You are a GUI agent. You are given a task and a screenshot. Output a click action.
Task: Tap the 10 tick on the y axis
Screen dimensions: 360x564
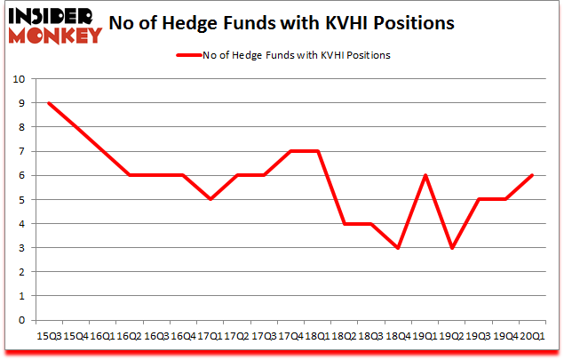pyautogui.click(x=18, y=79)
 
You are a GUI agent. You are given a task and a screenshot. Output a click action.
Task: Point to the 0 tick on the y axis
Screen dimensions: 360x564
pyautogui.click(x=20, y=320)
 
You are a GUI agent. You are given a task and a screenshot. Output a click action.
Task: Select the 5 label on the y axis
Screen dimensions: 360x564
pyautogui.click(x=20, y=200)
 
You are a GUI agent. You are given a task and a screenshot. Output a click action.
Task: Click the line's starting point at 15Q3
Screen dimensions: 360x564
pyautogui.click(x=49, y=103)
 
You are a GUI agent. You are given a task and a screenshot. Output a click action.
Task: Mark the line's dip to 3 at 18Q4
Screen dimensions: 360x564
pyautogui.click(x=399, y=248)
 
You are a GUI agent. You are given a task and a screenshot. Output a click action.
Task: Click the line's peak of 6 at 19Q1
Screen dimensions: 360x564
pyautogui.click(x=426, y=176)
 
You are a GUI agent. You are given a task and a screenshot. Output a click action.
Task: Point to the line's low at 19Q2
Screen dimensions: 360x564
pyautogui.click(x=453, y=248)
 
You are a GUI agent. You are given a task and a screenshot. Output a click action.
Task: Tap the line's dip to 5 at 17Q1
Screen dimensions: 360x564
pyautogui.click(x=211, y=200)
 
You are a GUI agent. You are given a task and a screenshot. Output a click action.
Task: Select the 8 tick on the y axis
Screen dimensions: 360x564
pyautogui.click(x=20, y=127)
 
